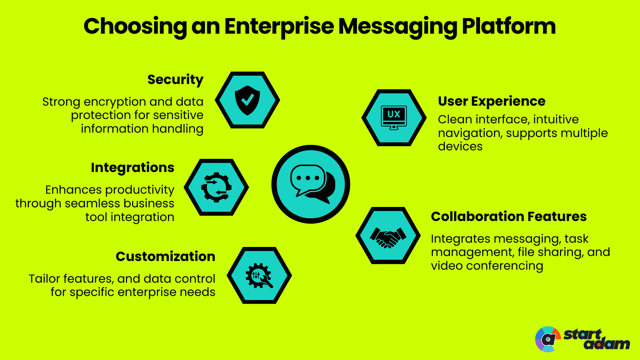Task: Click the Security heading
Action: click(175, 80)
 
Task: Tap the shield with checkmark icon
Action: click(247, 100)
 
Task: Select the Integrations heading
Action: click(132, 168)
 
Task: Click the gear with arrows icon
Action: click(216, 187)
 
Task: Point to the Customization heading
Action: click(165, 257)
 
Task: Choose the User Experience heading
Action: click(491, 101)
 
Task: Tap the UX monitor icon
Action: click(394, 118)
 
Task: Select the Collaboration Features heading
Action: click(509, 217)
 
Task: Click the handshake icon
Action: click(388, 236)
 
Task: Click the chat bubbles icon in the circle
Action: click(311, 184)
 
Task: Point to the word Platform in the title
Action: click(509, 26)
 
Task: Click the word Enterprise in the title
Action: click(279, 26)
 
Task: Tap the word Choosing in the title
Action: click(135, 26)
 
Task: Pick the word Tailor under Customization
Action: click(44, 279)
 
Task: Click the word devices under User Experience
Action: click(460, 147)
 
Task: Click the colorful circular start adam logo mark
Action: click(547, 339)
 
